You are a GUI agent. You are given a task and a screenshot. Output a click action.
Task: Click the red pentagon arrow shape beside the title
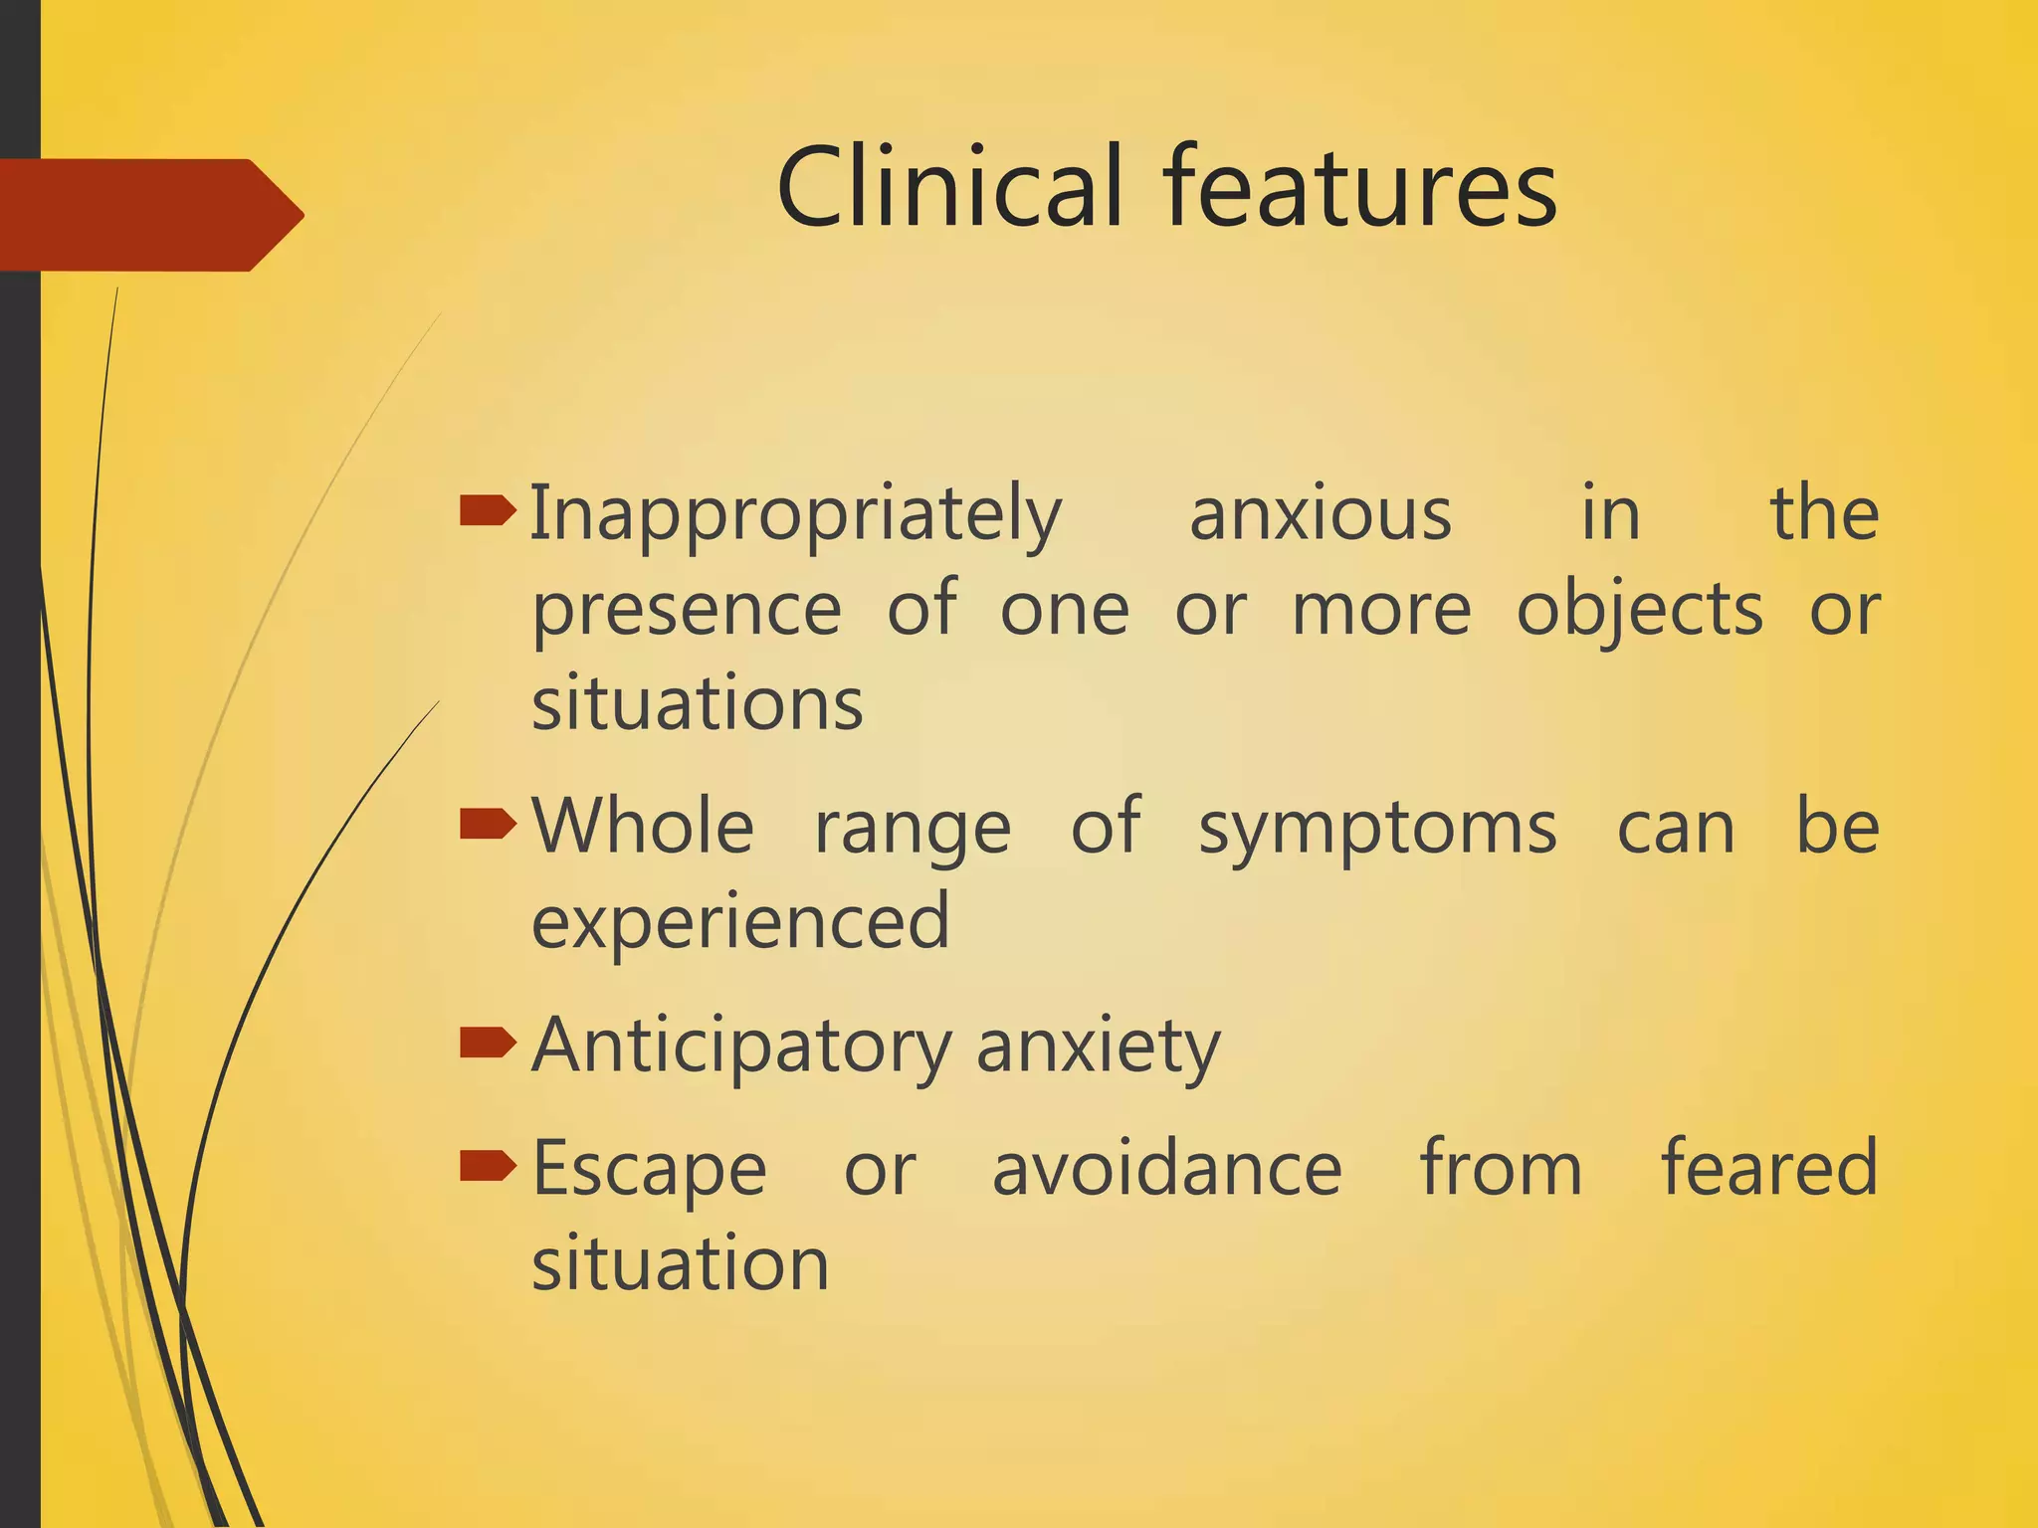tap(149, 215)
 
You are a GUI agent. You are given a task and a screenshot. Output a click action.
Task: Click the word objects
tap(1639, 610)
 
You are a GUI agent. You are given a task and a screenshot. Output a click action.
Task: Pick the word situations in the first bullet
tap(697, 704)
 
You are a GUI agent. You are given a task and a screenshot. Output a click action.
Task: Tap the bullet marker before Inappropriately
tap(488, 511)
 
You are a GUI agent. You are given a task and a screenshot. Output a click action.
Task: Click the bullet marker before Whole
tap(488, 824)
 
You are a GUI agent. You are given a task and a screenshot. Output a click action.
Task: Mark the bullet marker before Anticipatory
tap(488, 1043)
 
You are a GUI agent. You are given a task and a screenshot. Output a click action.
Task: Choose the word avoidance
tap(1167, 1169)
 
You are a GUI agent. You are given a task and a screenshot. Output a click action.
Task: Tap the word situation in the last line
tap(680, 1263)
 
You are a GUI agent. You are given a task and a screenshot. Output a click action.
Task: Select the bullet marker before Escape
tap(488, 1165)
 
